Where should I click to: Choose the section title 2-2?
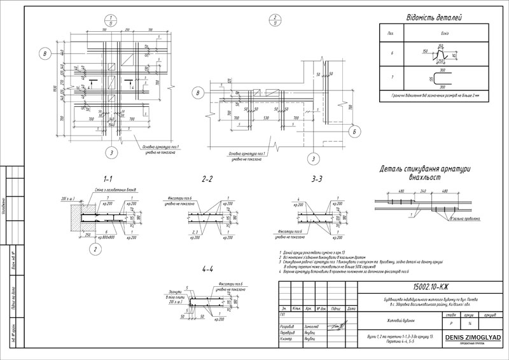207,179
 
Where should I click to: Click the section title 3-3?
317,179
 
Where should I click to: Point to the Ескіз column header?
438,32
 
